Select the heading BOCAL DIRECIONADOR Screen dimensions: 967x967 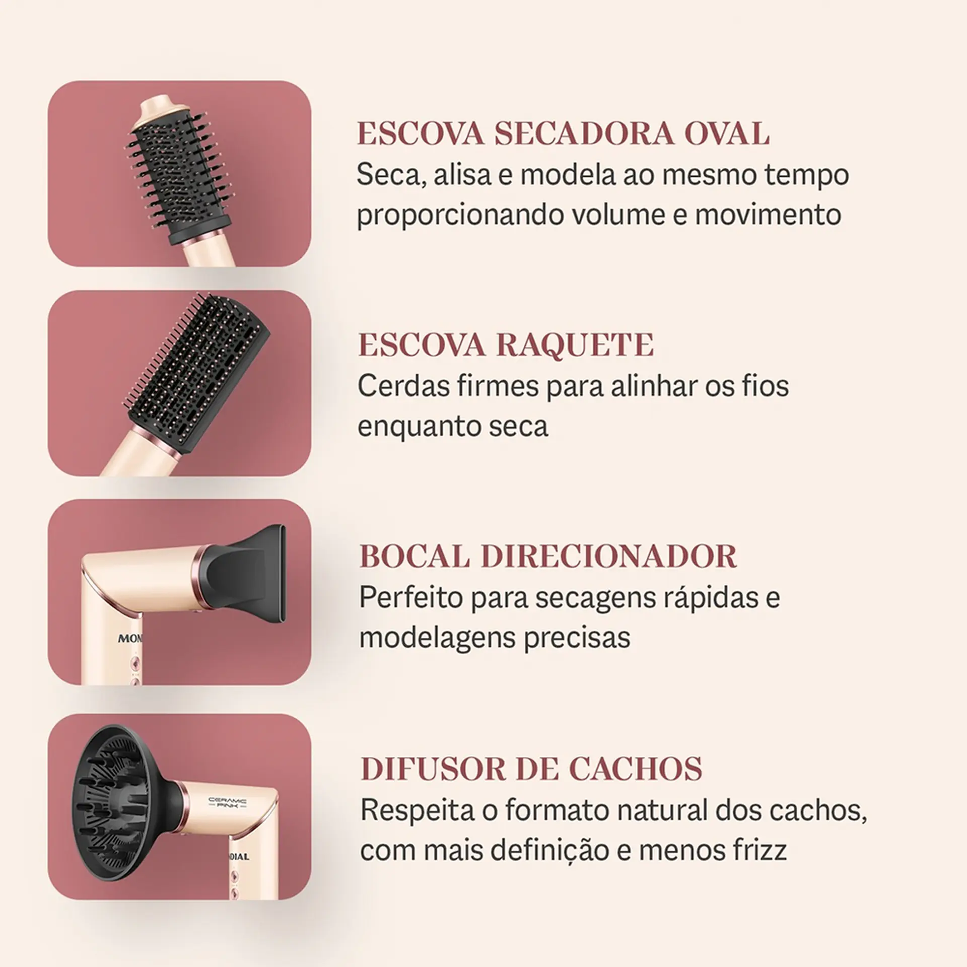pyautogui.click(x=548, y=556)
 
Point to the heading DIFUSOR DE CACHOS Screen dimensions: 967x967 pyautogui.click(x=531, y=769)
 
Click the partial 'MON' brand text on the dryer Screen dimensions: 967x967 pyautogui.click(x=130, y=639)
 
